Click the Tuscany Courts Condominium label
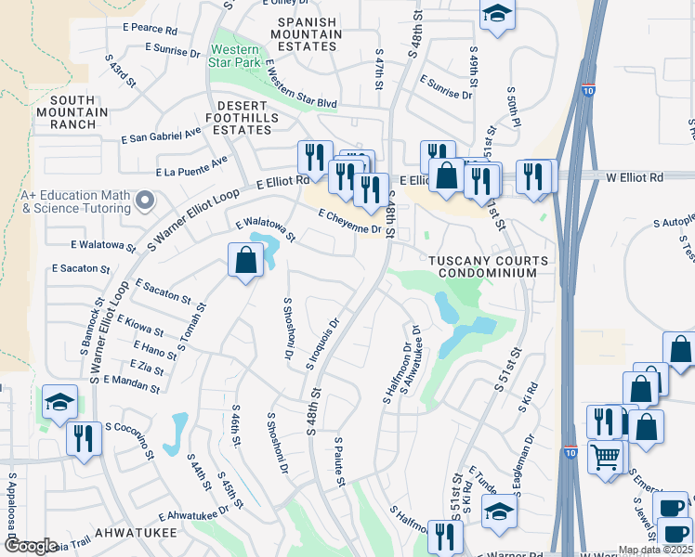coord(488,266)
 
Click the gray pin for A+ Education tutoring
coord(144,201)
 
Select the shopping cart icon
coord(606,456)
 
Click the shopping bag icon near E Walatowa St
coord(245,261)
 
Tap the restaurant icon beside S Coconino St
coord(84,437)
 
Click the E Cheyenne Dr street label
coord(349,222)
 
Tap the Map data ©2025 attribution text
coord(655,550)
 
